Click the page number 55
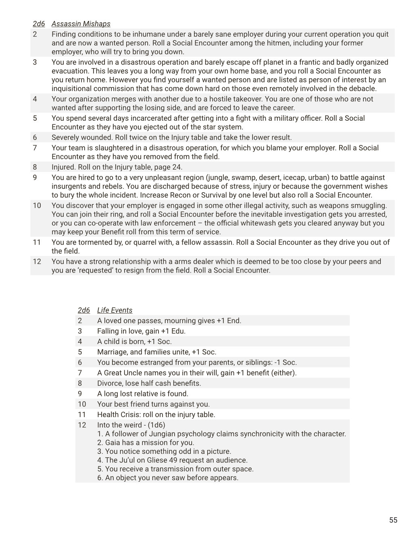click(x=393, y=520)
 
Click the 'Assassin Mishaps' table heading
click(x=81, y=24)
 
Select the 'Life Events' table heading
click(x=115, y=310)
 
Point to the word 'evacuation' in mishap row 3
click(x=69, y=71)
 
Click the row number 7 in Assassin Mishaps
click(x=35, y=148)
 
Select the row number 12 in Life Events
click(x=82, y=425)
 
